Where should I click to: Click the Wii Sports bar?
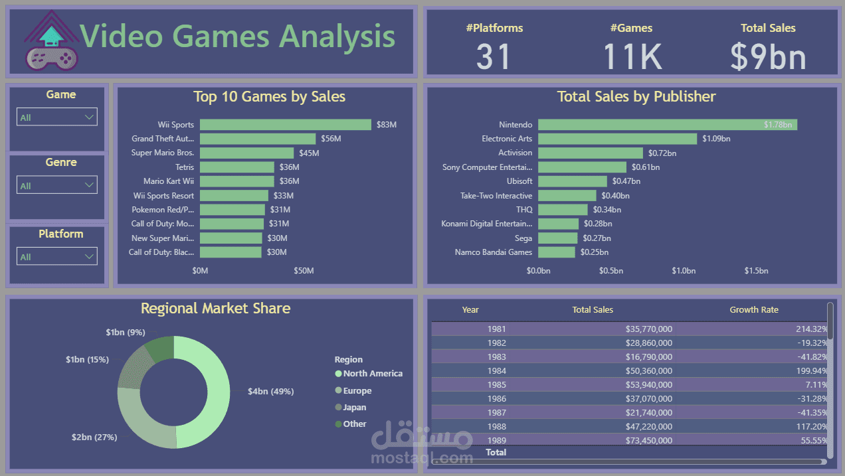click(x=285, y=125)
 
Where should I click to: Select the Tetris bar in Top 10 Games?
click(x=236, y=167)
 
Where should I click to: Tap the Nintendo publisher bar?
click(x=667, y=125)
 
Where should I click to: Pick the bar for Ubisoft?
click(x=572, y=181)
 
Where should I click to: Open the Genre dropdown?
click(x=57, y=185)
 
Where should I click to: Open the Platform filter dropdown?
click(x=57, y=256)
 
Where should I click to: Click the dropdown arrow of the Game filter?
click(x=90, y=118)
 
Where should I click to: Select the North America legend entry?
click(x=373, y=374)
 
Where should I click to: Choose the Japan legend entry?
click(x=354, y=408)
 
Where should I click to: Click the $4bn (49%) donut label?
click(x=270, y=392)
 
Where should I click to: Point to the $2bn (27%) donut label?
click(x=94, y=437)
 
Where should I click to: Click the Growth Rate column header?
click(x=753, y=310)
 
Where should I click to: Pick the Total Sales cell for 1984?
click(x=648, y=371)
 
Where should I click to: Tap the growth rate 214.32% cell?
click(x=811, y=329)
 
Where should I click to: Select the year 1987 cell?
click(x=496, y=413)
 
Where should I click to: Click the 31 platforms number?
click(x=494, y=56)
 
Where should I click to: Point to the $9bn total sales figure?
click(x=768, y=56)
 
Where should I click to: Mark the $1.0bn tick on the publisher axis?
click(x=683, y=271)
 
